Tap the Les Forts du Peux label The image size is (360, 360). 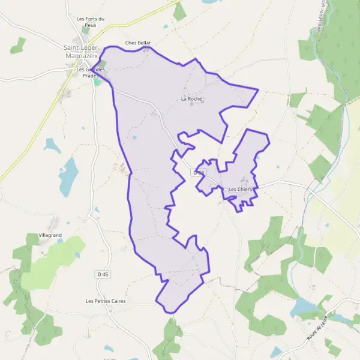pyautogui.click(x=91, y=22)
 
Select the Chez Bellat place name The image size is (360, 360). pyautogui.click(x=138, y=43)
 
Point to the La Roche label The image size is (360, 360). pyautogui.click(x=191, y=98)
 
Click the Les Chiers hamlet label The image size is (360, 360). pyautogui.click(x=241, y=190)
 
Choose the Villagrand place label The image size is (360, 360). pyautogui.click(x=50, y=235)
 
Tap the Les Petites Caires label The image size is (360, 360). pyautogui.click(x=106, y=301)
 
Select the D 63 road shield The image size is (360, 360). pyautogui.click(x=199, y=172)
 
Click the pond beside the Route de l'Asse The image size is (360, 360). pyautogui.click(x=304, y=308)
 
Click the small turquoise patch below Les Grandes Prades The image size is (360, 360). pyautogui.click(x=96, y=82)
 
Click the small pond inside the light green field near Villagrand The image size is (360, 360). pyautogui.click(x=78, y=255)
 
